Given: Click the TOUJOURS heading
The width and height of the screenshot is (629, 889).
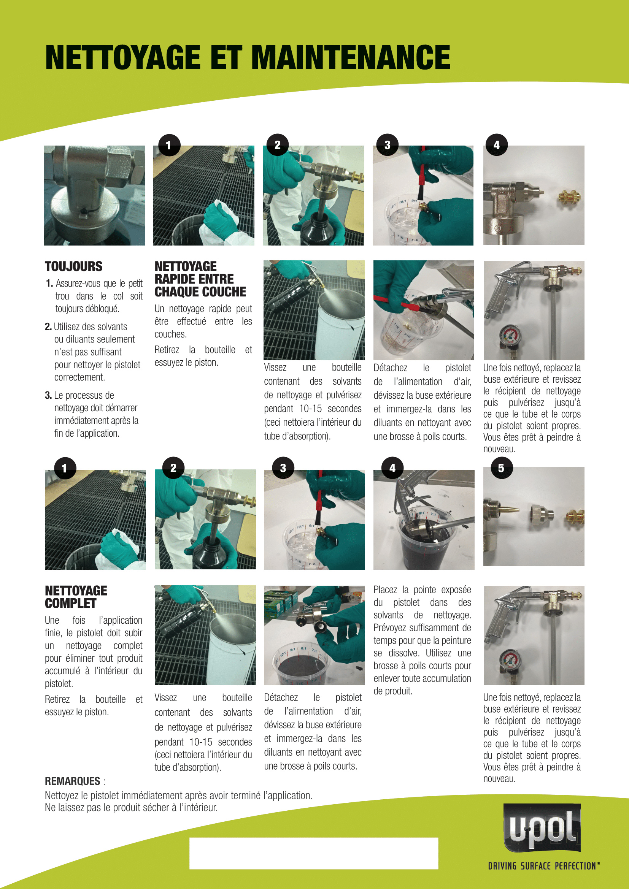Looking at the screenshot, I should click(x=74, y=266).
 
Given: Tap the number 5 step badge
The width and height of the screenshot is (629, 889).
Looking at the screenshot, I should click(x=501, y=468).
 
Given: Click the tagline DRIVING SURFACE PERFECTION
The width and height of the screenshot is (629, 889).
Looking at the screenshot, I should click(x=543, y=866).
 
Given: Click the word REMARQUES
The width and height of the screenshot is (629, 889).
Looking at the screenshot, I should click(x=72, y=781).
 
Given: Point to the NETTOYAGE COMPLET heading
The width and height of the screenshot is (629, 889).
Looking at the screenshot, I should click(x=76, y=597).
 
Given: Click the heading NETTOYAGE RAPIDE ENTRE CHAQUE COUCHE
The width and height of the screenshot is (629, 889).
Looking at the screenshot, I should click(x=200, y=279).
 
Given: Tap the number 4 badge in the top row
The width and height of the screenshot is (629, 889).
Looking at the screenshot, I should click(x=497, y=145).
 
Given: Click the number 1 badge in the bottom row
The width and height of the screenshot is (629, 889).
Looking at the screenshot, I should click(x=64, y=468).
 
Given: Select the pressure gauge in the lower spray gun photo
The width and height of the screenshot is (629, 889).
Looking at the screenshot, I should click(x=510, y=661).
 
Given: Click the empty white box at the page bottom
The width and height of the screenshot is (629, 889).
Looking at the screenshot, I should click(x=313, y=853).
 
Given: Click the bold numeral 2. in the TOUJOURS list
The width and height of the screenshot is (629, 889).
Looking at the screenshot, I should click(x=48, y=326).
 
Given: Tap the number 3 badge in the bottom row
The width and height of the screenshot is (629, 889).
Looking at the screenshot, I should click(x=283, y=468).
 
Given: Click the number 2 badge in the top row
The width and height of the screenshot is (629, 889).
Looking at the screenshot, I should click(x=277, y=145).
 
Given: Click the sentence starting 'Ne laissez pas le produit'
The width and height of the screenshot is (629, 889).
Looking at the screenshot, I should click(x=131, y=807).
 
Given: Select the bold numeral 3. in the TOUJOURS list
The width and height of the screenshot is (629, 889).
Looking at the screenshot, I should click(x=48, y=395).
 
